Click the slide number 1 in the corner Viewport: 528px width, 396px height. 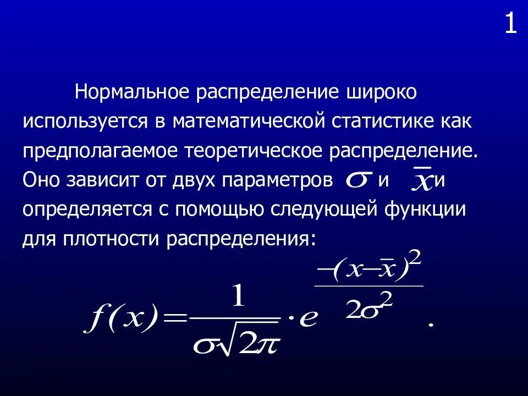[511, 25]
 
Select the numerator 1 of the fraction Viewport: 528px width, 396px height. [238, 298]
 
